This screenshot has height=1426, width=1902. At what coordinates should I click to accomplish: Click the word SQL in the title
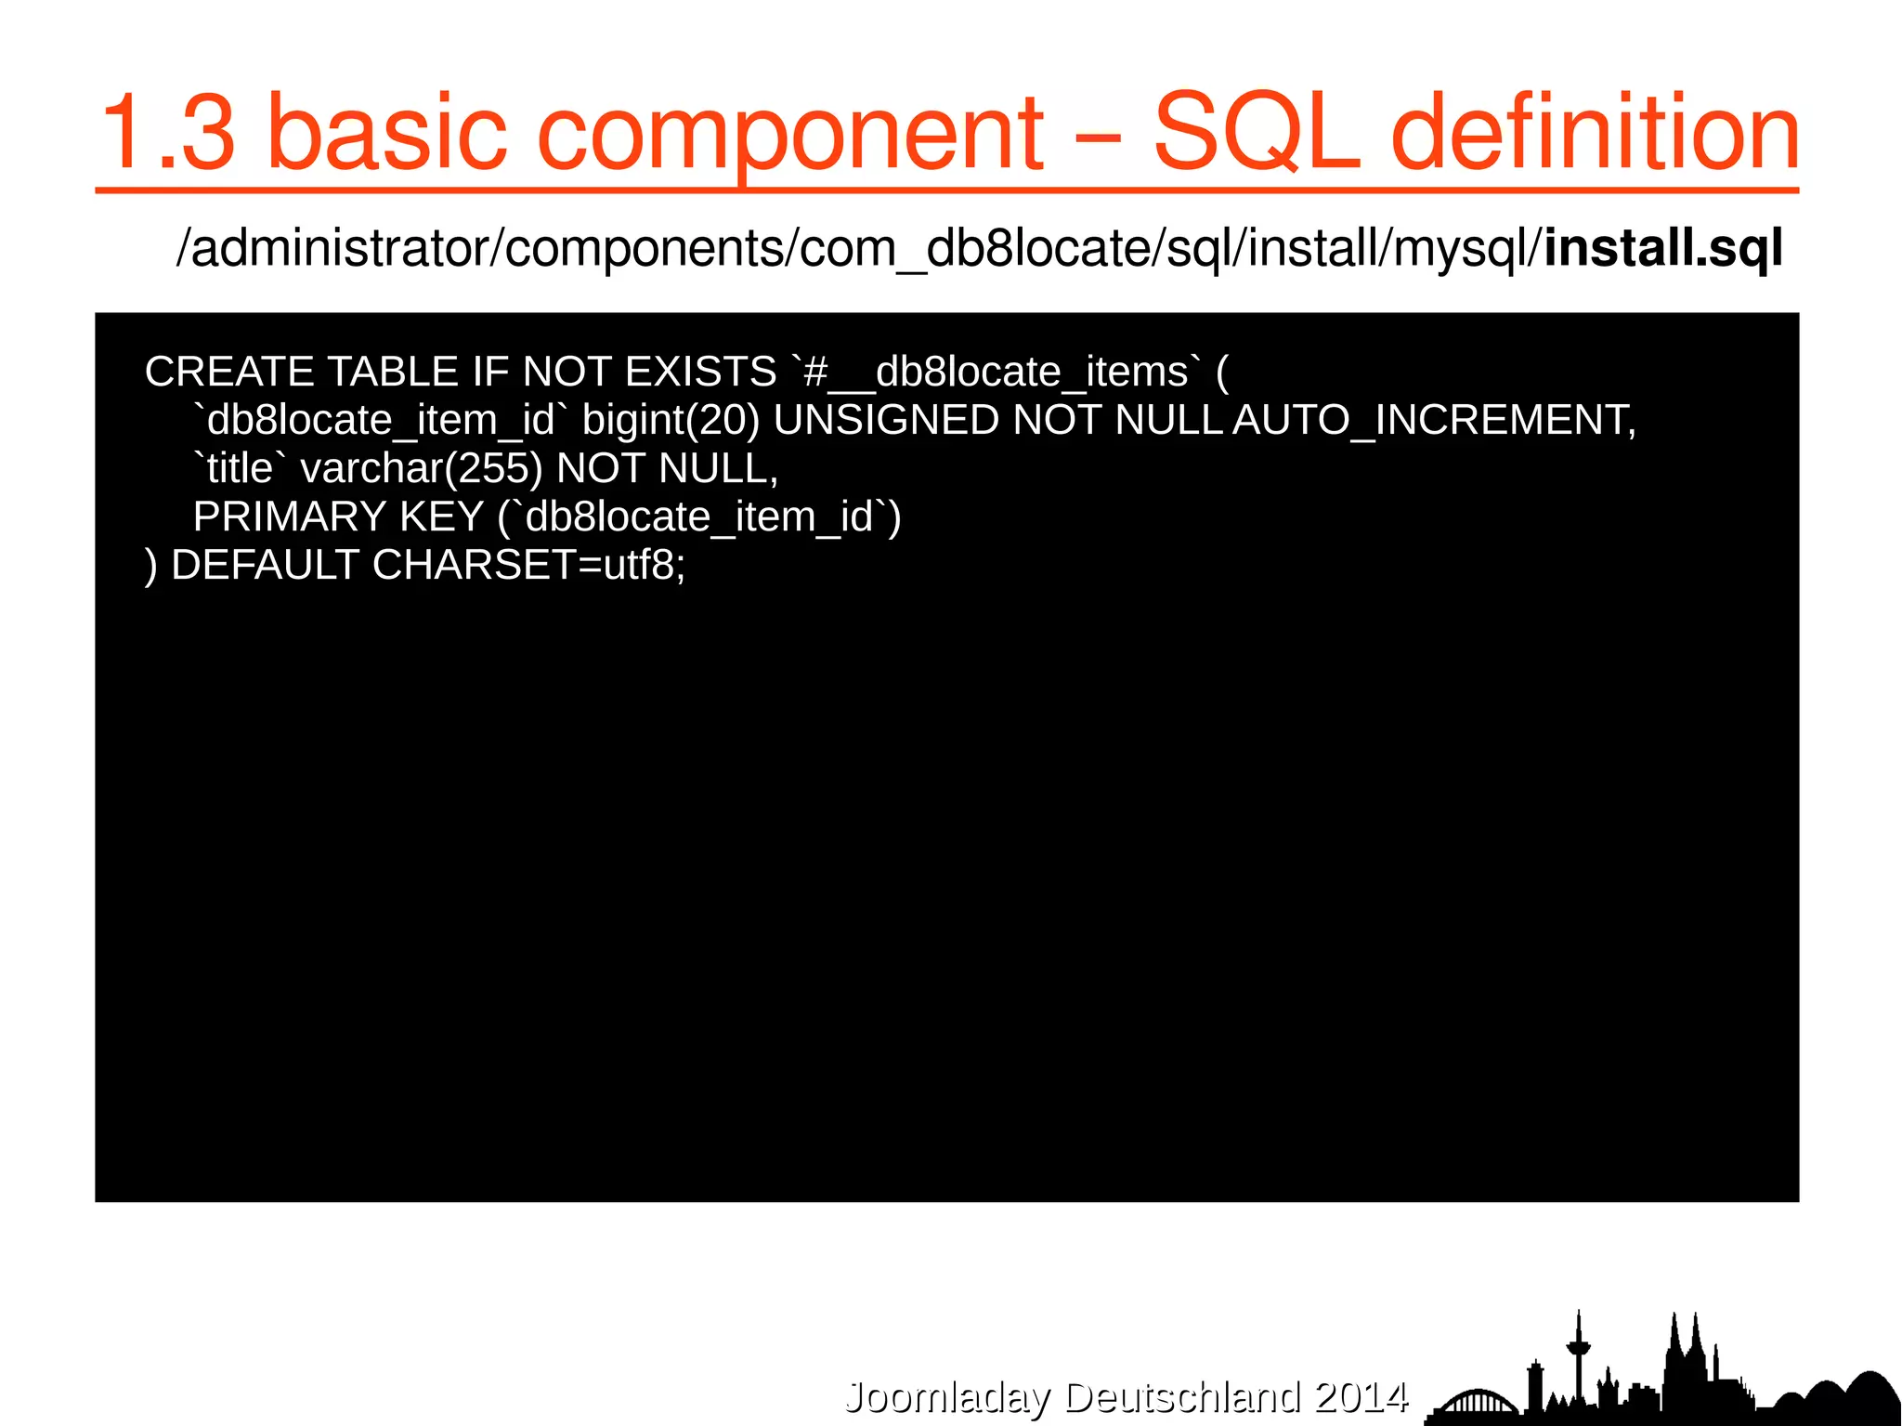[1257, 133]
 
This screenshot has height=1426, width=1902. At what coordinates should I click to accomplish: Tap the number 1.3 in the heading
[168, 133]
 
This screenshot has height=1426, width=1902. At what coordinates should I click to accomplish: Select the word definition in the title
[1595, 133]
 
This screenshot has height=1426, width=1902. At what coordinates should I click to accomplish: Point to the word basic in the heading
[386, 133]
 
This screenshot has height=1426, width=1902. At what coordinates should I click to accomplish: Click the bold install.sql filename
[1662, 249]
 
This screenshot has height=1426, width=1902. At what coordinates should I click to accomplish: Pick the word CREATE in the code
[229, 373]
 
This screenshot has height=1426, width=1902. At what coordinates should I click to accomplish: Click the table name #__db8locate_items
[995, 373]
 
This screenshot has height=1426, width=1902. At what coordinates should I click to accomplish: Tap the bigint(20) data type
[671, 421]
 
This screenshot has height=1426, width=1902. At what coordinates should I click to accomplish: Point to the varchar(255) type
[421, 469]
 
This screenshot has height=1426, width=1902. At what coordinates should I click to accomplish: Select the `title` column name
[238, 469]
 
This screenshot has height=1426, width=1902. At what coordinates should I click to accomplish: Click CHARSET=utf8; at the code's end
[528, 566]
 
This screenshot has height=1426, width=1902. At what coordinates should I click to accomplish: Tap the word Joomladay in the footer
[947, 1397]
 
